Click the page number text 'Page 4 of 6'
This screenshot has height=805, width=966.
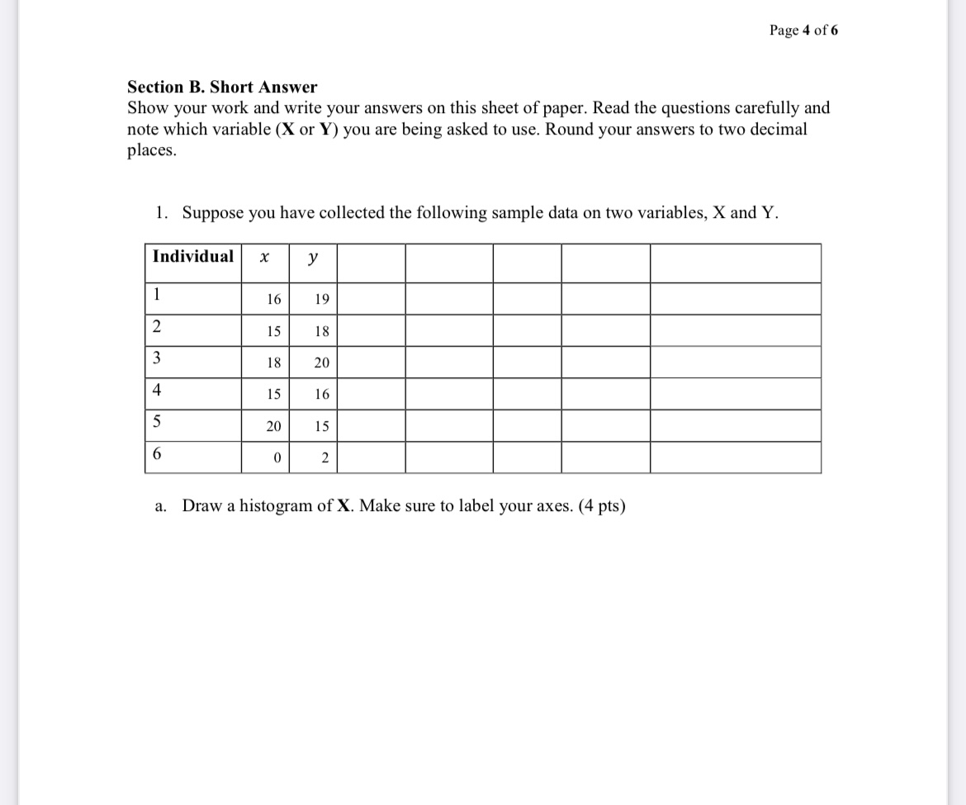tap(803, 31)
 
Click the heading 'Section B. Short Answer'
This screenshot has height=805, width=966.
tap(222, 87)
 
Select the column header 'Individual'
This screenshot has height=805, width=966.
tap(192, 257)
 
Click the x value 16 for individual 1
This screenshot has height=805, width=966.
tap(273, 300)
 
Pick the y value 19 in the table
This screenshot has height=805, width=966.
tap(321, 300)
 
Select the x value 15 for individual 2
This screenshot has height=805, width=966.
tap(273, 332)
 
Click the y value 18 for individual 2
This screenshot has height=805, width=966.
tap(321, 332)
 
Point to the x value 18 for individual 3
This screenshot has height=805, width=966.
tap(273, 363)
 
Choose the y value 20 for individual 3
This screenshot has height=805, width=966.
tap(321, 363)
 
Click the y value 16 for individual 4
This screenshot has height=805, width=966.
tap(321, 395)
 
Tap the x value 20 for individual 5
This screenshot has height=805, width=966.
tap(273, 427)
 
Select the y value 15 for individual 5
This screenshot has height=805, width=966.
tap(321, 427)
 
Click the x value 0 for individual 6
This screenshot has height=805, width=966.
tap(277, 458)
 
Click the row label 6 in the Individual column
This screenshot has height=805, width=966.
tap(157, 455)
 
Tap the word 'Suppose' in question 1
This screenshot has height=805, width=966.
tap(211, 213)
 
